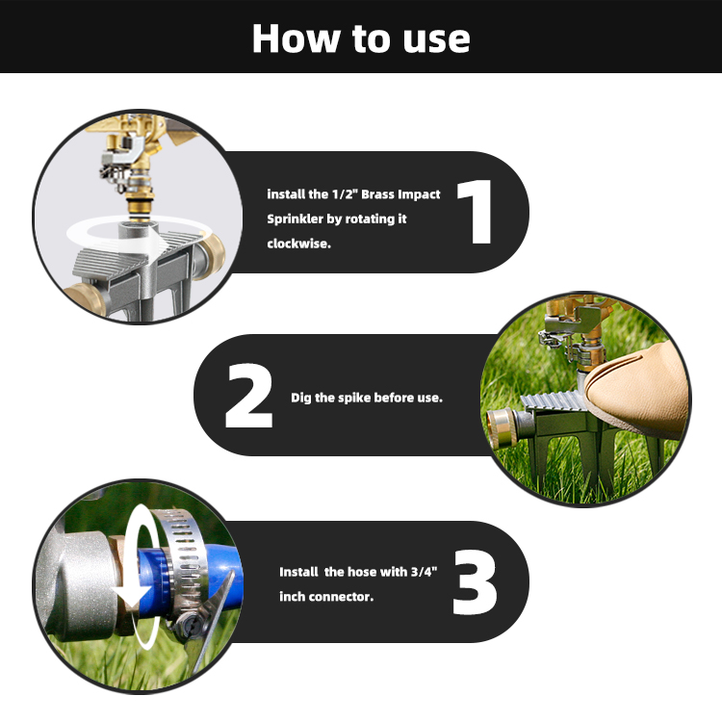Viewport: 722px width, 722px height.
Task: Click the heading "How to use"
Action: click(361, 39)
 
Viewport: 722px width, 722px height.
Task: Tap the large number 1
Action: click(477, 212)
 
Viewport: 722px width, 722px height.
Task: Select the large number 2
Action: click(249, 396)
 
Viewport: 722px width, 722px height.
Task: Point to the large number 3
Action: click(475, 582)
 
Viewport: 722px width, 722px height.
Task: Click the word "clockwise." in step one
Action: click(298, 244)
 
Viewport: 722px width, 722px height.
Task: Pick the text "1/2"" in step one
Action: click(345, 193)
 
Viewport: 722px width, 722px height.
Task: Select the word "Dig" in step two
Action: click(300, 398)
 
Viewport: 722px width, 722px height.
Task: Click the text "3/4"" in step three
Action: click(424, 572)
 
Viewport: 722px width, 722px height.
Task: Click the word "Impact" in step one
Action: click(420, 194)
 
